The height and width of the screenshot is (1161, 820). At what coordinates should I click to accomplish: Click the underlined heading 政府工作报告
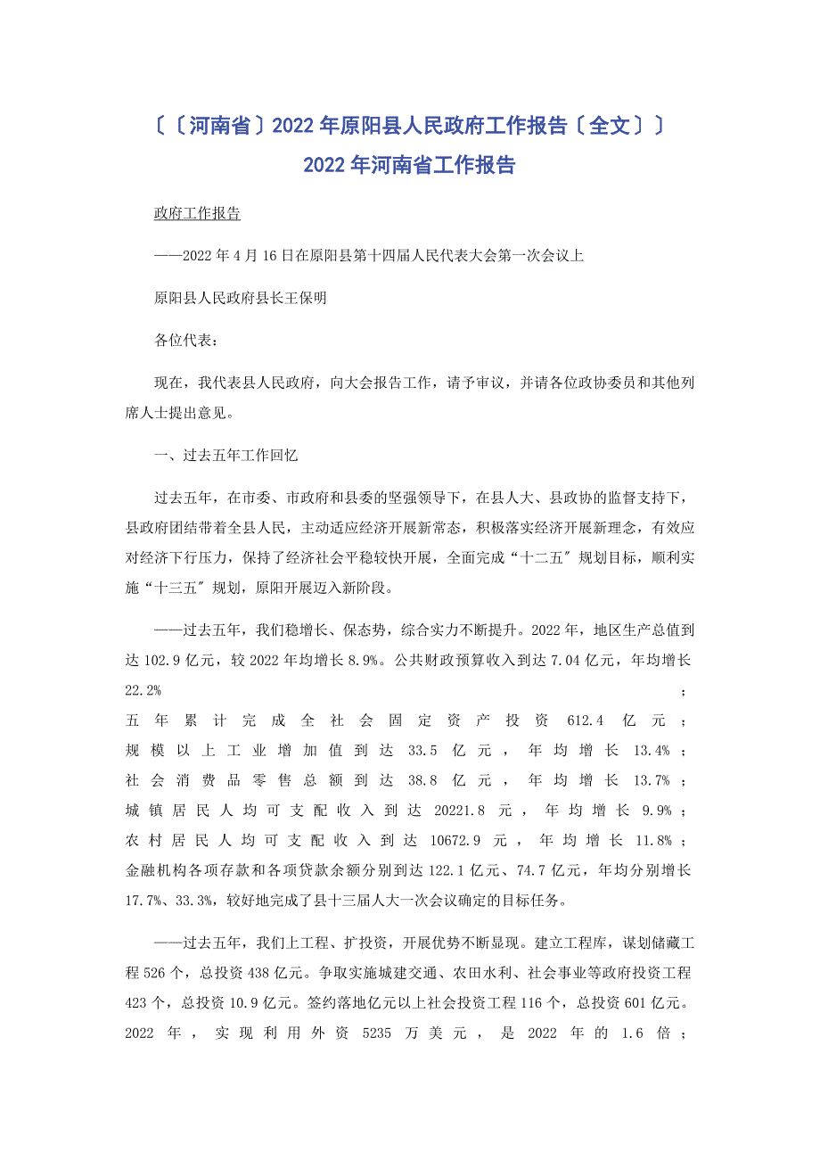tap(197, 214)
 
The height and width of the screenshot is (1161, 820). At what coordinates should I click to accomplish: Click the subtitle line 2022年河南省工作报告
tap(409, 165)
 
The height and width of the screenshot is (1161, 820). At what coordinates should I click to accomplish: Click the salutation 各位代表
tap(184, 340)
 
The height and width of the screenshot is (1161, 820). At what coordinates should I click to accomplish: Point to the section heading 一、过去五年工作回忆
tap(225, 455)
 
